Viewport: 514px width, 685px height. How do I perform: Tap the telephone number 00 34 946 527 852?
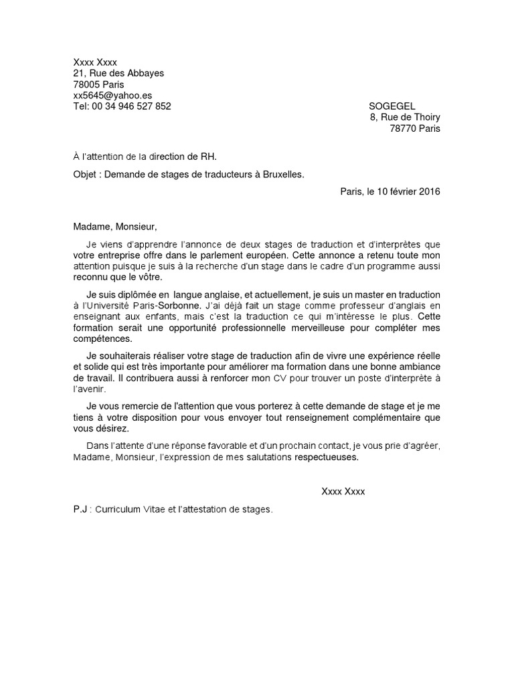(x=131, y=106)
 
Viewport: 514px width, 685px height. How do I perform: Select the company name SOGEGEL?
(x=392, y=106)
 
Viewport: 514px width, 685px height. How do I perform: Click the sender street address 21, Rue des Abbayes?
(x=118, y=74)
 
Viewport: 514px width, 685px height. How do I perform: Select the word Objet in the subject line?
(x=85, y=175)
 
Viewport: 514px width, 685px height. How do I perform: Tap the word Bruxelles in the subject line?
(x=279, y=175)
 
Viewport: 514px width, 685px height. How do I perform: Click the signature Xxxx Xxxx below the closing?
(x=343, y=492)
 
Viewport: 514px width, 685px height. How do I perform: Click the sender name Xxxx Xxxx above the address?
(x=95, y=62)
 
